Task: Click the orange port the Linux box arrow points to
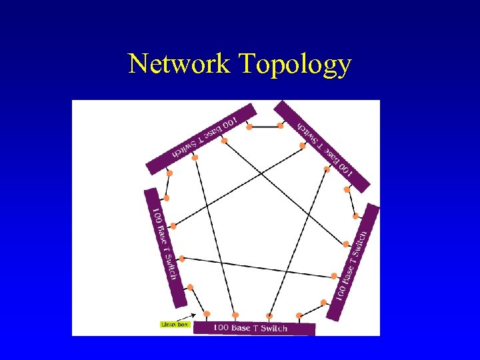click(x=207, y=314)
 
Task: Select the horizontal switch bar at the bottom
click(x=253, y=328)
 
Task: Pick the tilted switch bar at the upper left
click(x=200, y=137)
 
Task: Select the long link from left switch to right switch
click(x=257, y=267)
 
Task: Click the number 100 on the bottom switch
click(x=221, y=328)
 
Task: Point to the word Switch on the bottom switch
click(x=274, y=328)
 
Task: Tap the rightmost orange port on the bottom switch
click(x=300, y=315)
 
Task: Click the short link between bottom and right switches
click(x=312, y=309)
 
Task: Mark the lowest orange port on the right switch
click(x=324, y=303)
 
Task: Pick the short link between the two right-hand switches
click(x=351, y=203)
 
